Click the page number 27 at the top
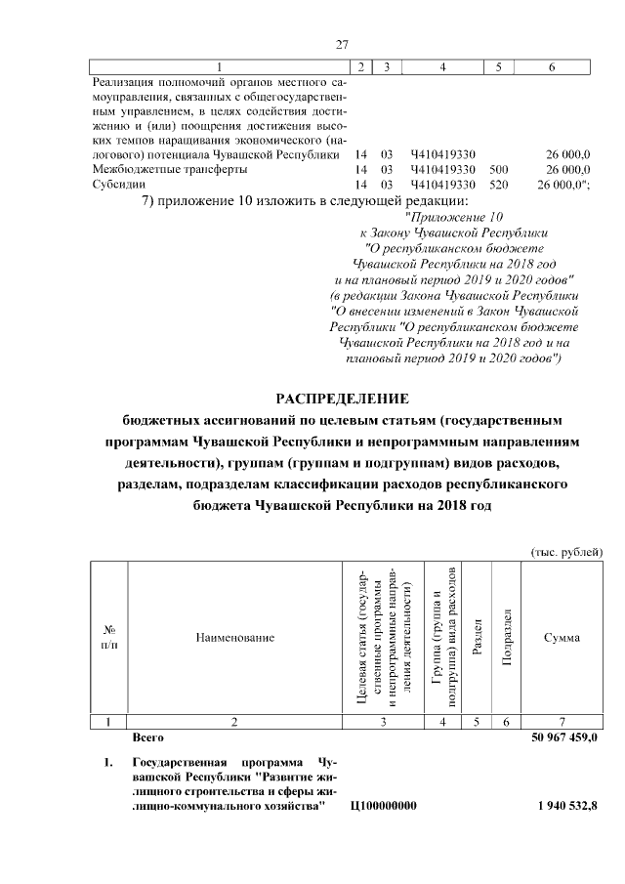pyautogui.click(x=342, y=44)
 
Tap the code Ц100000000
pyautogui.click(x=382, y=806)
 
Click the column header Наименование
pyautogui.click(x=234, y=638)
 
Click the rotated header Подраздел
pyautogui.click(x=505, y=638)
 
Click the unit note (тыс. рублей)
pyautogui.click(x=565, y=553)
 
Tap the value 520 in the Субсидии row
pyautogui.click(x=498, y=184)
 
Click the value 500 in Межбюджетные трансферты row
pyautogui.click(x=498, y=169)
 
